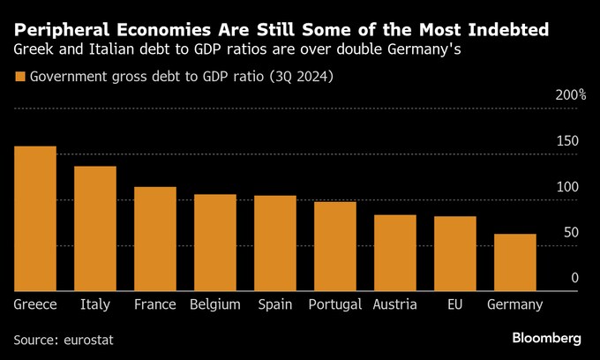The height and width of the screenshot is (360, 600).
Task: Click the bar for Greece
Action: pos(35,219)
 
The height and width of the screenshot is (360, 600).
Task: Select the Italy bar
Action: pos(95,229)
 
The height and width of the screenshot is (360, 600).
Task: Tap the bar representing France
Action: pos(155,239)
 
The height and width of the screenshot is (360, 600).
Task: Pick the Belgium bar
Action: pos(215,243)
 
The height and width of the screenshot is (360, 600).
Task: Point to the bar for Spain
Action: pos(275,244)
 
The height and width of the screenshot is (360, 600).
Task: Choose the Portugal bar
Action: pos(335,246)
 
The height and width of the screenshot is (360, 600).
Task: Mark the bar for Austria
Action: pos(395,253)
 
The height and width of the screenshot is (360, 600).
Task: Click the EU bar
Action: pos(455,254)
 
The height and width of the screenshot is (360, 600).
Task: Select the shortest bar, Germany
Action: pos(515,263)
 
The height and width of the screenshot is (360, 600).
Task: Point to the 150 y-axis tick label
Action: pos(568,141)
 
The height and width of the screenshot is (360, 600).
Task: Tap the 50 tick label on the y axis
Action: pos(572,232)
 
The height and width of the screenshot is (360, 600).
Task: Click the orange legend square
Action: pos(20,78)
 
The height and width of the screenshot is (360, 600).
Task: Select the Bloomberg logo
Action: pos(546,338)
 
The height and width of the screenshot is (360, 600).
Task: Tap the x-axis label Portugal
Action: pos(335,304)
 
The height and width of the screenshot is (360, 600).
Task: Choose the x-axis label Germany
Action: pos(515,304)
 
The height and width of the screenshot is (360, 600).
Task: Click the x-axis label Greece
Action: pos(35,304)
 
